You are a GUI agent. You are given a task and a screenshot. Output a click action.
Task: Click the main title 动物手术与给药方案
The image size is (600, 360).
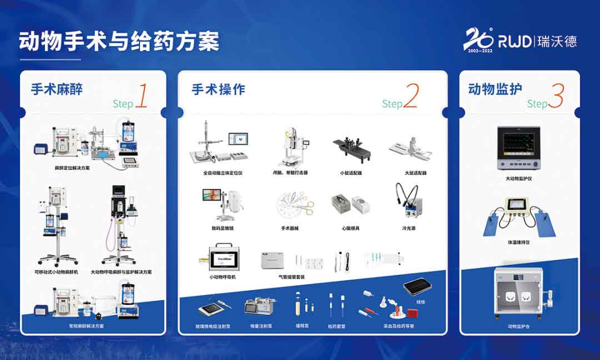(x=119, y=42)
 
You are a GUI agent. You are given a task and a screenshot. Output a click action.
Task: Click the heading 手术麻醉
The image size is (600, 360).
(x=56, y=89)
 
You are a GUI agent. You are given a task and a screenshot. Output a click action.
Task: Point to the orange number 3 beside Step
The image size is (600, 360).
(x=556, y=96)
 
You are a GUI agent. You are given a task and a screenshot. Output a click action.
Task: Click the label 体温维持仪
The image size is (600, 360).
(x=519, y=242)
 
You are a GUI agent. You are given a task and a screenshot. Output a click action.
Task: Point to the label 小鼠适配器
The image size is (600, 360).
(x=351, y=173)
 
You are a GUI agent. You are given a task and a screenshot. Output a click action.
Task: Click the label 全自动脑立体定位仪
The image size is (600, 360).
(x=222, y=173)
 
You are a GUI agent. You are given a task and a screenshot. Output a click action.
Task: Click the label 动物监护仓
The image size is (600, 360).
(x=519, y=327)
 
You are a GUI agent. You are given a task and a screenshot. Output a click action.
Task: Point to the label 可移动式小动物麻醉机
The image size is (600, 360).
(x=56, y=272)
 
